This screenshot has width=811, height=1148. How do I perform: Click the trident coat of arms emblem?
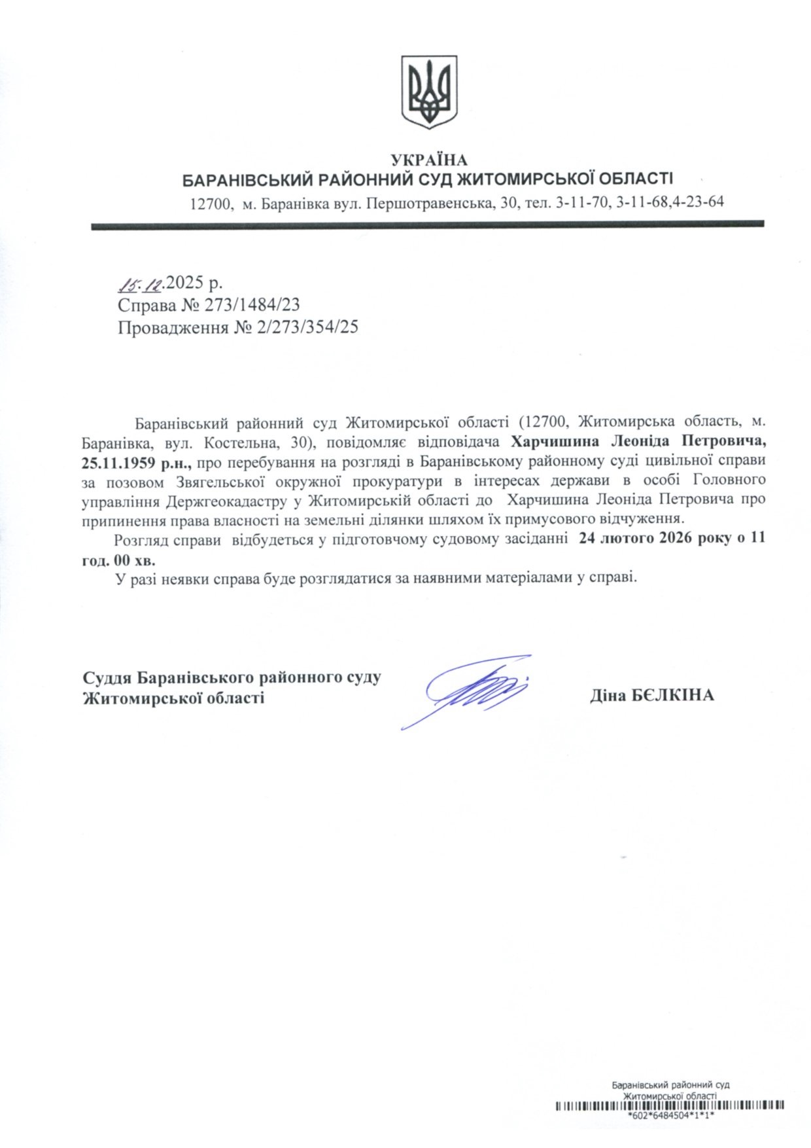[x=428, y=92]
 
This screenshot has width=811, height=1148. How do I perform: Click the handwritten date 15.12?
[x=139, y=283]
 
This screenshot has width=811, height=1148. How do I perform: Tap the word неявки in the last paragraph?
[x=183, y=579]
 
